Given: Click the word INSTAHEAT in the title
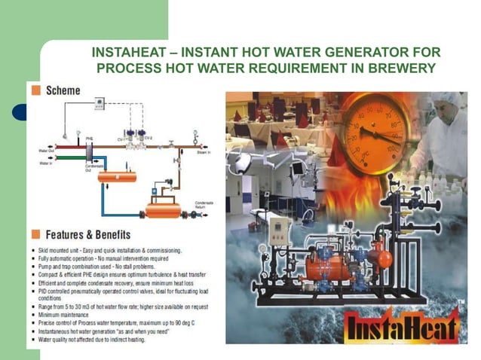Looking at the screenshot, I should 124,53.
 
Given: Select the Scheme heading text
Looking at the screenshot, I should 63,90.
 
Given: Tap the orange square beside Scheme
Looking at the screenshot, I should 35,90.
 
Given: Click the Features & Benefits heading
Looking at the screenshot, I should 87,234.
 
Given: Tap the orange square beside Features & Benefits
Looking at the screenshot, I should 35,234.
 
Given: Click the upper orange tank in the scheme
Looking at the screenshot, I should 117,176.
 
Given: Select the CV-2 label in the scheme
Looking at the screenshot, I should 149,138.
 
